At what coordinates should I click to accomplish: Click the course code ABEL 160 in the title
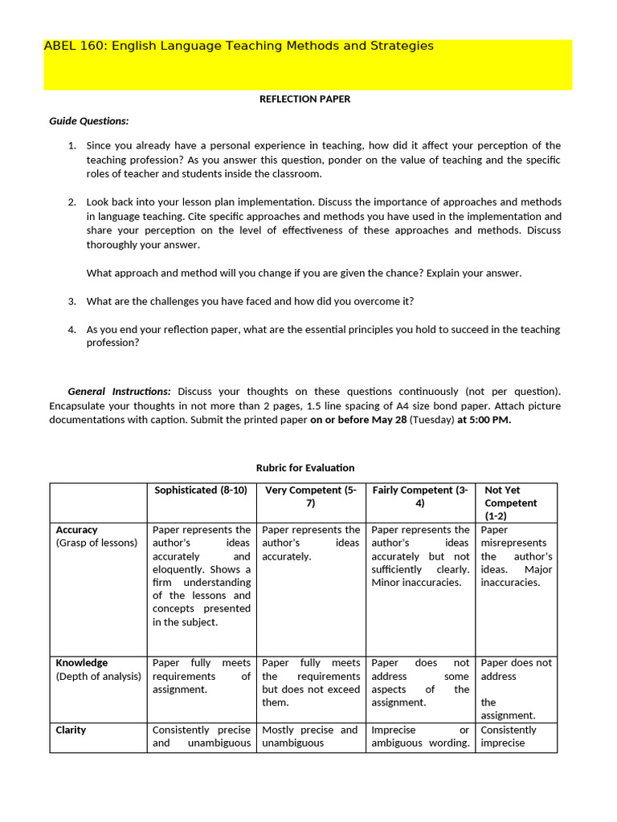pyautogui.click(x=75, y=47)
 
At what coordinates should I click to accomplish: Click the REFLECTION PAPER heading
pyautogui.click(x=304, y=99)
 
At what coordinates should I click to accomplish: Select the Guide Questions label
pyautogui.click(x=89, y=121)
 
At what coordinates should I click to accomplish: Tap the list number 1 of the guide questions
pyautogui.click(x=72, y=145)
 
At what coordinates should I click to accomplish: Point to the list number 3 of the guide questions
pyautogui.click(x=72, y=301)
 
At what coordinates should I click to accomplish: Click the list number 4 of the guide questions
pyautogui.click(x=72, y=329)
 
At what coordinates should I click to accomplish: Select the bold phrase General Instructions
pyautogui.click(x=119, y=391)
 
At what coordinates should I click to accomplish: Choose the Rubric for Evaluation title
pyautogui.click(x=304, y=467)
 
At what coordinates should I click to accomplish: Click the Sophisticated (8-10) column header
pyautogui.click(x=201, y=490)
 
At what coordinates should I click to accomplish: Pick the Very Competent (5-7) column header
pyautogui.click(x=310, y=496)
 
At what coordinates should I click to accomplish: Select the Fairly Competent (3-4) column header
pyautogui.click(x=420, y=496)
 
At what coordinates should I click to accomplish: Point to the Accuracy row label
pyautogui.click(x=76, y=530)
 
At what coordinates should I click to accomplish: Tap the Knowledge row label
pyautogui.click(x=81, y=663)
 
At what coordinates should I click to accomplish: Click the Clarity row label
pyautogui.click(x=71, y=730)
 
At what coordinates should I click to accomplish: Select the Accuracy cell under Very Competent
pyautogui.click(x=310, y=543)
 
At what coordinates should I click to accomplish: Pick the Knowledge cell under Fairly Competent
pyautogui.click(x=420, y=682)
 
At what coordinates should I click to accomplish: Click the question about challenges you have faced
pyautogui.click(x=250, y=301)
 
